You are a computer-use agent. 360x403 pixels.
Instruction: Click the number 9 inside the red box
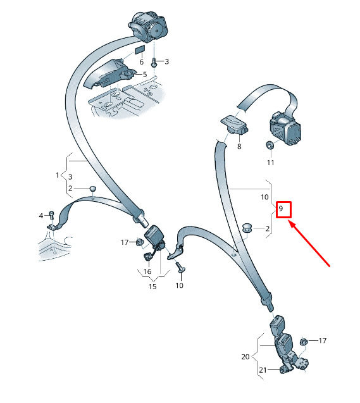(281, 208)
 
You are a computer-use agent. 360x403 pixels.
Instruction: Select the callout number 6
(142, 62)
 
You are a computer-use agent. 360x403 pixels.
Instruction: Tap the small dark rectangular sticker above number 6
(140, 49)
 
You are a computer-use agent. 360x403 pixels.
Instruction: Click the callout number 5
(145, 75)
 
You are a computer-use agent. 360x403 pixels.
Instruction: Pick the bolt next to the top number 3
(154, 63)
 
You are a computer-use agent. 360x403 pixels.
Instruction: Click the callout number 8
(239, 146)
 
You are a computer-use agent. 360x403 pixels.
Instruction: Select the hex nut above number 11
(270, 146)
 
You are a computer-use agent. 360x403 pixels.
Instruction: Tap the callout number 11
(270, 163)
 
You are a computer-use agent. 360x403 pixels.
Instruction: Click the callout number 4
(41, 215)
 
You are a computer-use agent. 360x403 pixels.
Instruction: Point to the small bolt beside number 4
(51, 214)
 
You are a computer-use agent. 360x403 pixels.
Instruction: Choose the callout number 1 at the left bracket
(58, 175)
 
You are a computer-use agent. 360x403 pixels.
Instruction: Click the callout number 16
(147, 271)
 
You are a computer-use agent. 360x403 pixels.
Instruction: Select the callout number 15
(152, 287)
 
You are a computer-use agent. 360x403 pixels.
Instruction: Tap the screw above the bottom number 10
(181, 267)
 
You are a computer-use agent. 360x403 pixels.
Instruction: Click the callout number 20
(245, 357)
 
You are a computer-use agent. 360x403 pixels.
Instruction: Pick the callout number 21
(263, 370)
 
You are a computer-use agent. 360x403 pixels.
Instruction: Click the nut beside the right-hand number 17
(304, 342)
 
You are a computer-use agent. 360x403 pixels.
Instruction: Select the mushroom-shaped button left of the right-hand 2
(247, 228)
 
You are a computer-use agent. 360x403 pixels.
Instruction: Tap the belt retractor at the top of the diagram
(148, 26)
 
